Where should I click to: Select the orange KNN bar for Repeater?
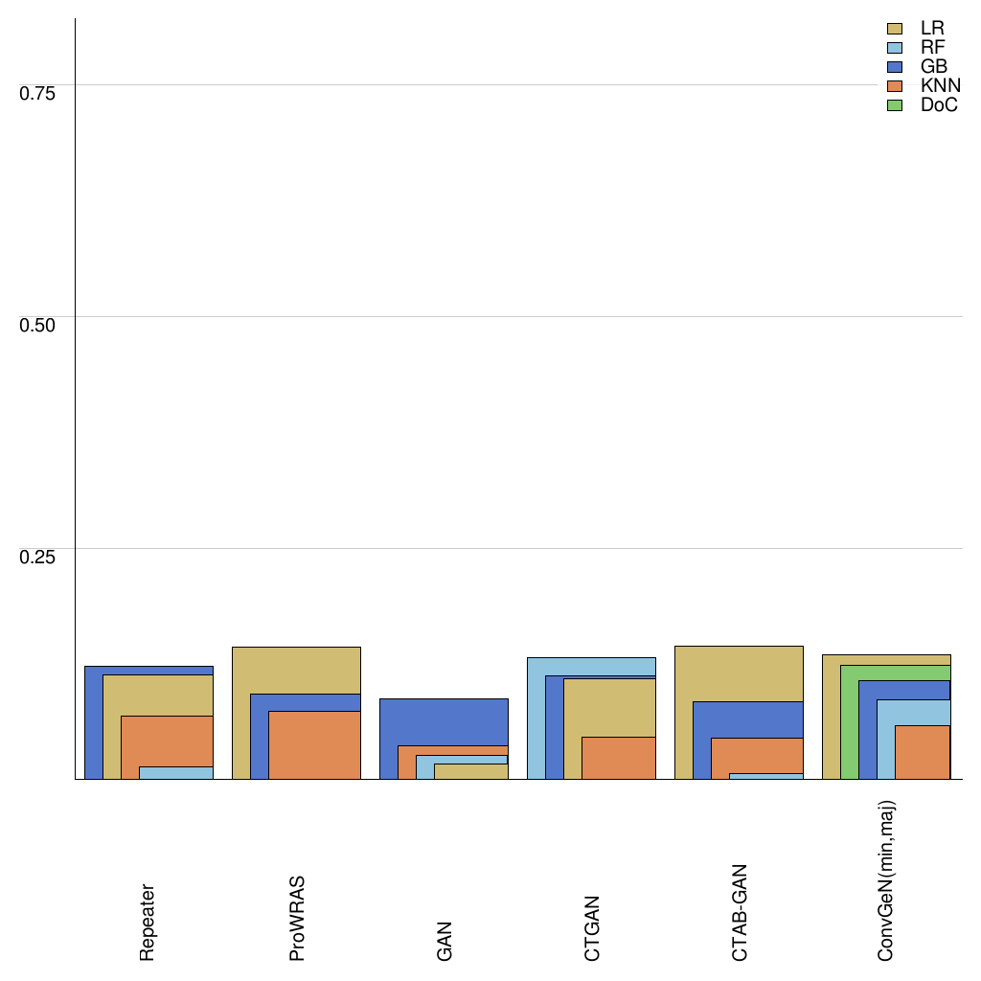click(x=167, y=741)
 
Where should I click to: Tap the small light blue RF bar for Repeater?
click(x=176, y=772)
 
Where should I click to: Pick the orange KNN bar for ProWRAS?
click(x=314, y=744)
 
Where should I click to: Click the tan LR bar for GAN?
click(x=470, y=771)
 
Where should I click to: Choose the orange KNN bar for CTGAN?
click(x=618, y=757)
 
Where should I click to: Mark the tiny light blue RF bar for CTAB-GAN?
click(x=765, y=776)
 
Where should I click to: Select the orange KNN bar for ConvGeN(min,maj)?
click(x=922, y=752)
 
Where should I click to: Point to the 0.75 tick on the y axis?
click(x=38, y=92)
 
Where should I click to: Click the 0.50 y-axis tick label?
click(x=38, y=324)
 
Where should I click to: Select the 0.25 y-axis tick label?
click(x=38, y=557)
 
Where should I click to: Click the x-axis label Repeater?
click(x=148, y=922)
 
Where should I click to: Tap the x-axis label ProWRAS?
click(x=297, y=917)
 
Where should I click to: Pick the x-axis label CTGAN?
click(x=592, y=927)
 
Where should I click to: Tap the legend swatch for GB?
click(x=896, y=67)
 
